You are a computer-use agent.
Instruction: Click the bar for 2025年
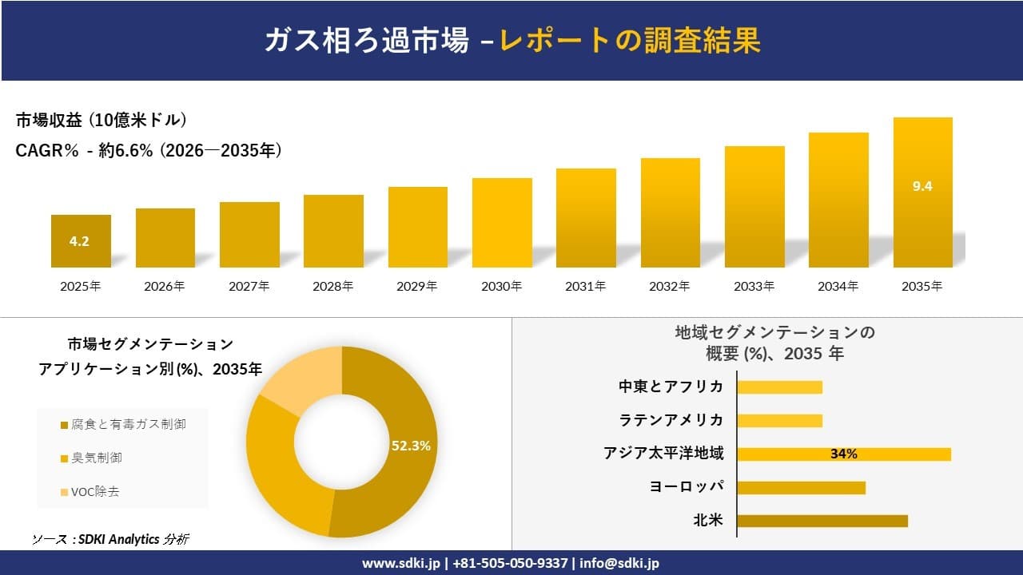pyautogui.click(x=81, y=241)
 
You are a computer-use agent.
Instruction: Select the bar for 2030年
pyautogui.click(x=502, y=223)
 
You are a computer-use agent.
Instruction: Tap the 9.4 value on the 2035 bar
pyautogui.click(x=922, y=186)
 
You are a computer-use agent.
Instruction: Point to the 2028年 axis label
pyautogui.click(x=333, y=286)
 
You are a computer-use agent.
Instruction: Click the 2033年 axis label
pyautogui.click(x=754, y=286)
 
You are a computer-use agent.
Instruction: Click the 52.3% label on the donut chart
pyautogui.click(x=411, y=446)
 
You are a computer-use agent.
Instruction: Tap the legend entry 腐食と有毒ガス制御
pyautogui.click(x=123, y=424)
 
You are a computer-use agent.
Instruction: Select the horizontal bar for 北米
pyautogui.click(x=822, y=521)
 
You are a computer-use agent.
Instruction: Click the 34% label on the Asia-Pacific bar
pyautogui.click(x=843, y=454)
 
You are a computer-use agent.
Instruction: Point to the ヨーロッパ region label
pyautogui.click(x=687, y=487)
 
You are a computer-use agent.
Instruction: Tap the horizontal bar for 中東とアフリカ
pyautogui.click(x=779, y=387)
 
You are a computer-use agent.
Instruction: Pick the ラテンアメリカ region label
pyautogui.click(x=671, y=420)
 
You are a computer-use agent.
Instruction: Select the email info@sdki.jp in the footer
pyautogui.click(x=619, y=563)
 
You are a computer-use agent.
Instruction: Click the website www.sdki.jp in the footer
pyautogui.click(x=402, y=563)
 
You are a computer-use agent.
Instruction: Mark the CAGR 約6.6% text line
pyautogui.click(x=149, y=151)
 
